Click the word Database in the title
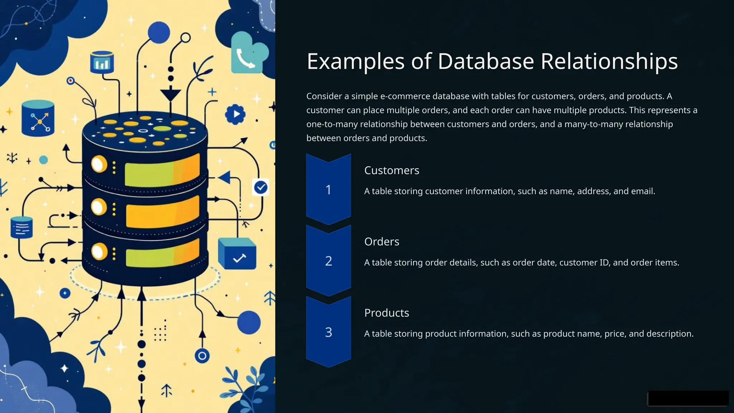pyautogui.click(x=486, y=61)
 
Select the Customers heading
pyautogui.click(x=391, y=170)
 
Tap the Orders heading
pyautogui.click(x=381, y=242)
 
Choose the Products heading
pyautogui.click(x=386, y=313)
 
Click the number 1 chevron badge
pyautogui.click(x=328, y=189)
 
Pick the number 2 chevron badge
pyautogui.click(x=328, y=261)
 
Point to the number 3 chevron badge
pyautogui.click(x=328, y=332)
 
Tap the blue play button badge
pyautogui.click(x=235, y=114)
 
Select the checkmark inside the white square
pyautogui.click(x=261, y=187)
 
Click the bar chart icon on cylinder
pyautogui.click(x=102, y=63)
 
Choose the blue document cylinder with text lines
pyautogui.click(x=22, y=227)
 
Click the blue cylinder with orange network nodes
pyautogui.click(x=38, y=118)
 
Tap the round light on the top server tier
pyautogui.click(x=99, y=164)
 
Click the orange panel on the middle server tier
pyautogui.click(x=162, y=212)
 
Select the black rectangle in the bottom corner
pyautogui.click(x=688, y=398)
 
